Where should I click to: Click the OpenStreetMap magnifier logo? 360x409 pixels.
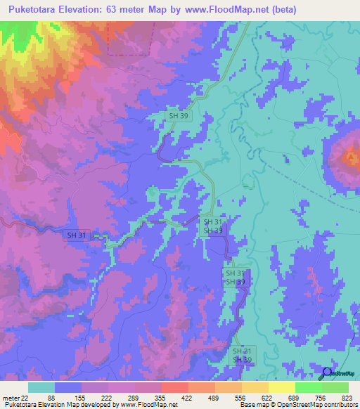[x=326, y=372]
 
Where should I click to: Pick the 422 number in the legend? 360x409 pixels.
[x=188, y=398]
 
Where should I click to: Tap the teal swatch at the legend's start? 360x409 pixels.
[x=41, y=387]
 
